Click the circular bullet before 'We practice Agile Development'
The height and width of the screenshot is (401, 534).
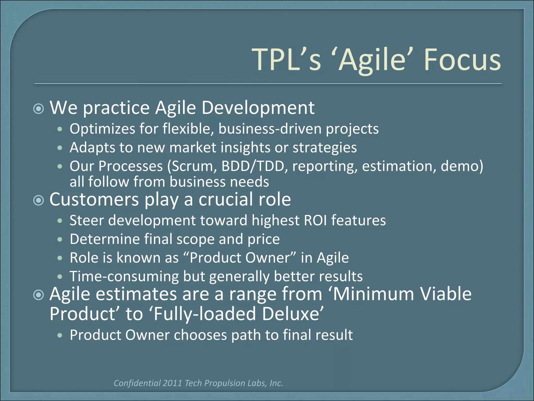[x=39, y=109]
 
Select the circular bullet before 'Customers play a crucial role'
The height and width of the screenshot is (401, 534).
[x=39, y=200]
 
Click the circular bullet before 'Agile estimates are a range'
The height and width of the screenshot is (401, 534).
[x=39, y=295]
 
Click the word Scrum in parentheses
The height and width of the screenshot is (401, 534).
[x=193, y=166]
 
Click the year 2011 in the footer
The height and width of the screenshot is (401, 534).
[x=172, y=383]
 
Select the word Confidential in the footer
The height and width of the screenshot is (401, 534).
[x=137, y=383]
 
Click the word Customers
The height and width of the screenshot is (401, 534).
[x=94, y=199]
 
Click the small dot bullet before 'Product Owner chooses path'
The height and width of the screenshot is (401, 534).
[x=60, y=335]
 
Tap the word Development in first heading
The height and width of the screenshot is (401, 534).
[x=258, y=108]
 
